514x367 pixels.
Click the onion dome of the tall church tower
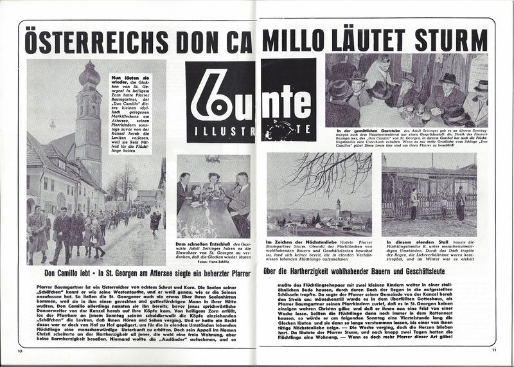coord(89,76)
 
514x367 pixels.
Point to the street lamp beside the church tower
coord(51,125)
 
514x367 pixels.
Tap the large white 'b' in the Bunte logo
coord(213,99)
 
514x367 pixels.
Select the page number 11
coord(494,350)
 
